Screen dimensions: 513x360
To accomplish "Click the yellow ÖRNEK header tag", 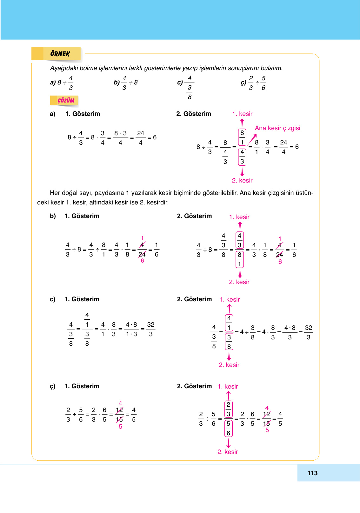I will (60, 54).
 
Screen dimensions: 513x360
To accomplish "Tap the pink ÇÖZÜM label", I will (66, 101).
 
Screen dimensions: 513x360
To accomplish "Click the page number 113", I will (312, 473).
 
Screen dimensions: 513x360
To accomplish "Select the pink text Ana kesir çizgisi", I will (277, 128).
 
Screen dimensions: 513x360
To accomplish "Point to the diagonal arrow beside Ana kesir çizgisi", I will (252, 140).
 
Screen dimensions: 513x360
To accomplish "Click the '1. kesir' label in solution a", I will (242, 114).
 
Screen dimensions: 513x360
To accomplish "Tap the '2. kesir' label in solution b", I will (239, 282).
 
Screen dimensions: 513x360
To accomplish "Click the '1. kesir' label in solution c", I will (230, 299).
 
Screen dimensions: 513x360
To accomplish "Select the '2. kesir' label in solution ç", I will (228, 452).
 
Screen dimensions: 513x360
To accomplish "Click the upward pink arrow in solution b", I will (240, 226).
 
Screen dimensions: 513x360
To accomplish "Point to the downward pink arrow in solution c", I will (229, 356).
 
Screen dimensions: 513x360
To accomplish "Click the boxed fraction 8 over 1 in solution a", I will (242, 137).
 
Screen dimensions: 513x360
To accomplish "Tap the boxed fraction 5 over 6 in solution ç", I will (228, 428).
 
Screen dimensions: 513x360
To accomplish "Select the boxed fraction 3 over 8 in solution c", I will (229, 342).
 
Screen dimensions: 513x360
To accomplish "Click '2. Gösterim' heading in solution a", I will (194, 114).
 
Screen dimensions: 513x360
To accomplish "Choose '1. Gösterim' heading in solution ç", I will (82, 386).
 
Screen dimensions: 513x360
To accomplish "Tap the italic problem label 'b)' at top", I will (117, 82).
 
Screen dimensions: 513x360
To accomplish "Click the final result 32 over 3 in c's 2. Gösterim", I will (308, 332).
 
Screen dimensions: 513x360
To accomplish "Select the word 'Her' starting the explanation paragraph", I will (55, 193).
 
